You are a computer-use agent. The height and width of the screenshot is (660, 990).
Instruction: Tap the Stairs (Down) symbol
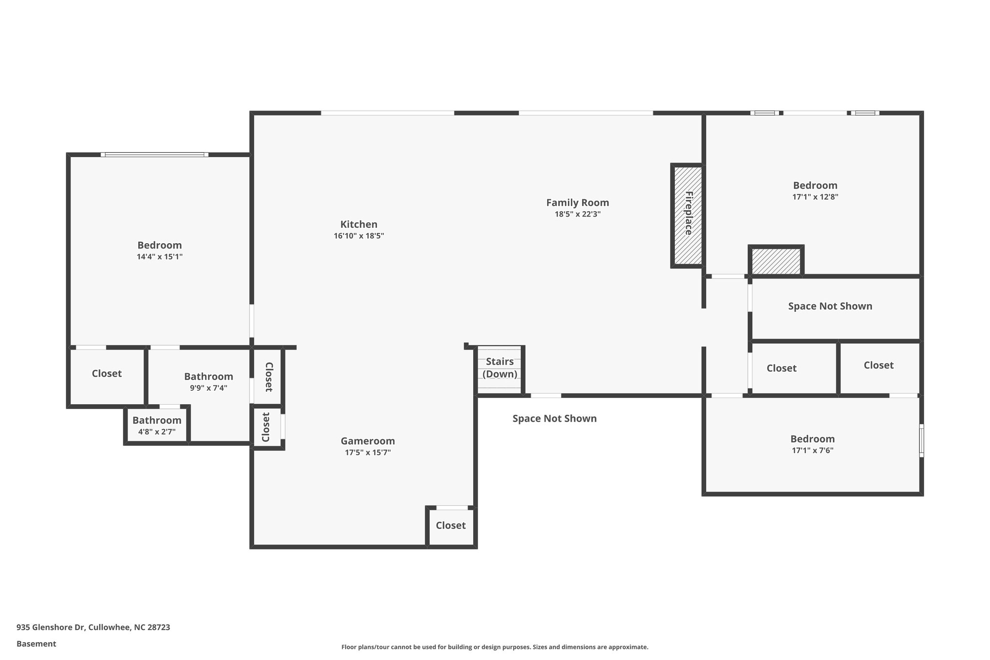pos(500,368)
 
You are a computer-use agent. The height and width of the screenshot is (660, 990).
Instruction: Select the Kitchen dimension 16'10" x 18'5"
pos(359,236)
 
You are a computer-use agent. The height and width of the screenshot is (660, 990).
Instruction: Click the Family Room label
pos(577,203)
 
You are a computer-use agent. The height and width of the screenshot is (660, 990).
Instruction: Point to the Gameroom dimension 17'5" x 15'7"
pos(368,453)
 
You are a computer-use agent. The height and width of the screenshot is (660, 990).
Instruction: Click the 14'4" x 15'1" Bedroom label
pos(160,245)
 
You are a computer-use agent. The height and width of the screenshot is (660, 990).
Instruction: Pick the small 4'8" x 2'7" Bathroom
pos(157,425)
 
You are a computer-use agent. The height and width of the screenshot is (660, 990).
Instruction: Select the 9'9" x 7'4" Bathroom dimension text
pos(208,388)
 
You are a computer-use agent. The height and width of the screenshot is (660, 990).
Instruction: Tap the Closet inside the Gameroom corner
pos(451,526)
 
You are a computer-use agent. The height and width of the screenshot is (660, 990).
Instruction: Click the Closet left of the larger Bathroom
pos(107,374)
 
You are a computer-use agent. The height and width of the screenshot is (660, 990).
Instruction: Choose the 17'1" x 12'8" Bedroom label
pos(815,186)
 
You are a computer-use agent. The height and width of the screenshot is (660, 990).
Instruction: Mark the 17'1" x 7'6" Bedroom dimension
pos(812,451)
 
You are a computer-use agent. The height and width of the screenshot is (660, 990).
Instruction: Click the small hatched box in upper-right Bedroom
pos(776,261)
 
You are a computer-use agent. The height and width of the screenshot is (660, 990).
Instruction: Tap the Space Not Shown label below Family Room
pos(554,419)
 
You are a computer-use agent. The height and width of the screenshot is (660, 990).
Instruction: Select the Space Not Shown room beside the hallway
pos(830,307)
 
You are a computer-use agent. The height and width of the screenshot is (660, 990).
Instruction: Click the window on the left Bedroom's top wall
pos(155,155)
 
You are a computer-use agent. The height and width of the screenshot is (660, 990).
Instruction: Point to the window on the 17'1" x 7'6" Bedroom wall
pos(921,440)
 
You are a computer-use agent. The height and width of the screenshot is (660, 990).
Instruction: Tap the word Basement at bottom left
pos(36,644)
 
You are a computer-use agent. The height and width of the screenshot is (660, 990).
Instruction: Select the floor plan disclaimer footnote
pos(495,647)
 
